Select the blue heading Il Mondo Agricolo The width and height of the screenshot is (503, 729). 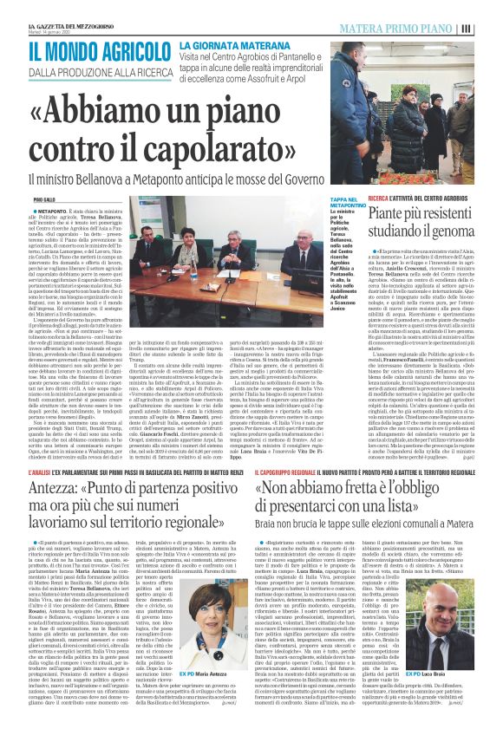(x=87, y=49)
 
